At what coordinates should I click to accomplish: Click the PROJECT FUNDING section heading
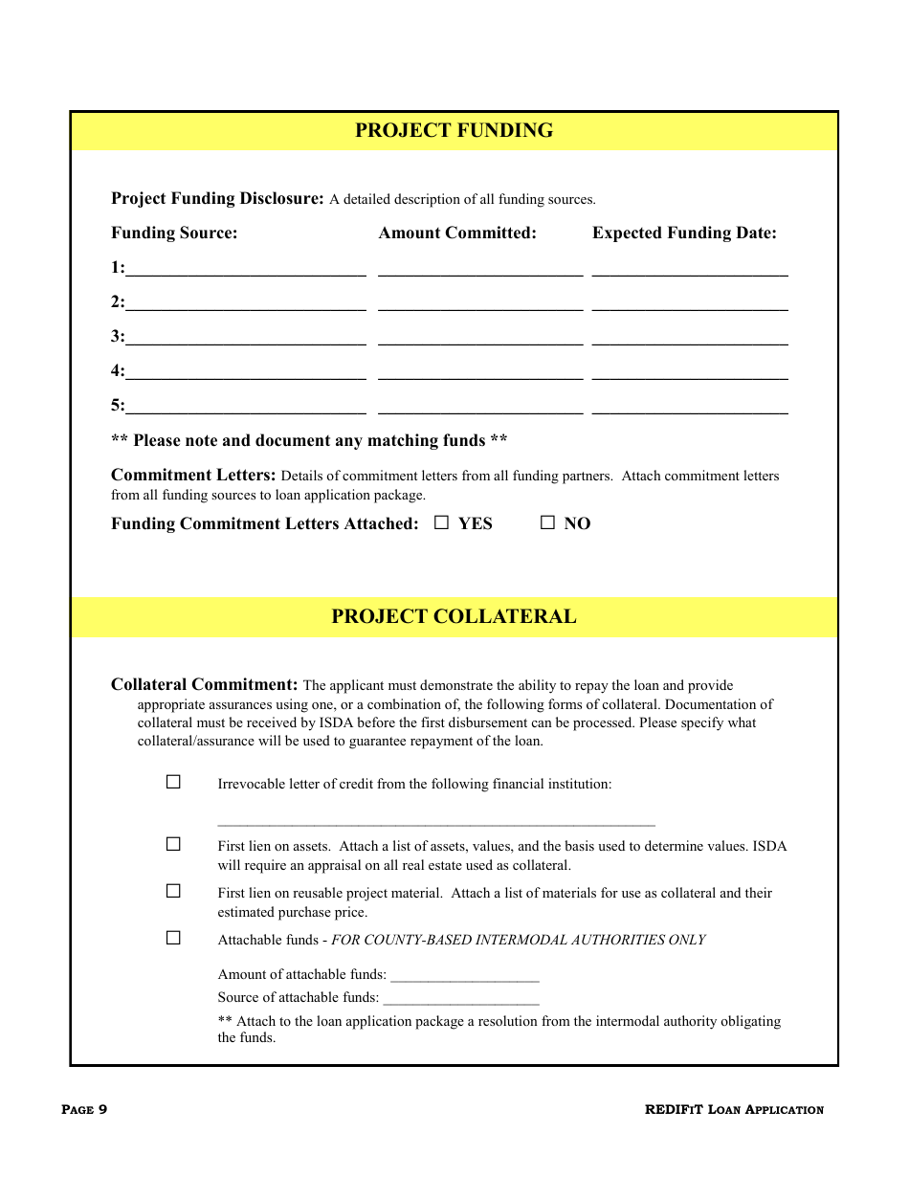click(x=454, y=131)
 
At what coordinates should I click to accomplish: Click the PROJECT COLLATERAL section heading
click(x=454, y=617)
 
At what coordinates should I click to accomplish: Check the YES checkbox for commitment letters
click(x=441, y=522)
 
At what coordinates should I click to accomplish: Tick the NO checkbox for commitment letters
click(x=547, y=522)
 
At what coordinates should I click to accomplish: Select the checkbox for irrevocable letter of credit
click(x=173, y=782)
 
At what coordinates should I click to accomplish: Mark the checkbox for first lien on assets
click(x=173, y=844)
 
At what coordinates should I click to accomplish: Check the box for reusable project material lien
click(x=173, y=891)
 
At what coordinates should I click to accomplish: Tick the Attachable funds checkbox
click(x=173, y=938)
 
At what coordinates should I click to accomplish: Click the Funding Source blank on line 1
click(x=245, y=269)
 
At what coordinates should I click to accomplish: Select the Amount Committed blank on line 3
click(x=480, y=338)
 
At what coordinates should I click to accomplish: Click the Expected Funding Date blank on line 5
click(x=690, y=407)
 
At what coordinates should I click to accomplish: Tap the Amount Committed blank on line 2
click(x=480, y=303)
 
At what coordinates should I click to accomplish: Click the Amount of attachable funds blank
click(x=465, y=975)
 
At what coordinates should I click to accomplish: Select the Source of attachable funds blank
click(x=461, y=998)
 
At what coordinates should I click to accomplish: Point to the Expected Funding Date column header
click(x=684, y=233)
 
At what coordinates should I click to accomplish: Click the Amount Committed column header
click(x=457, y=233)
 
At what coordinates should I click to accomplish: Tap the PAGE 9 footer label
click(x=84, y=1110)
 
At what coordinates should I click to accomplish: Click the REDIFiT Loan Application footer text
click(x=734, y=1110)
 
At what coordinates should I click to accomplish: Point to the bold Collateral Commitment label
click(x=205, y=685)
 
